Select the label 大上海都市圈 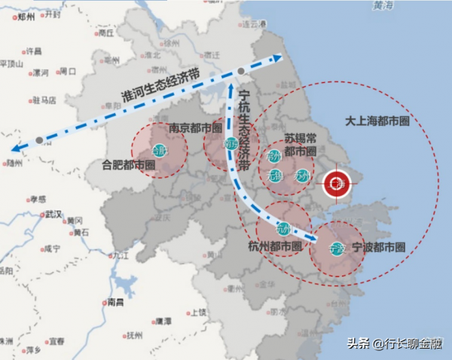[x=377, y=121]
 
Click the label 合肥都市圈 [x=129, y=164]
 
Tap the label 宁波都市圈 [x=380, y=247]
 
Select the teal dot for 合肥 [x=159, y=150]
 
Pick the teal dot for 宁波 [x=337, y=247]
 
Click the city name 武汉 [x=53, y=214]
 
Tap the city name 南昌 [x=115, y=302]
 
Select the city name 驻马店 [x=44, y=99]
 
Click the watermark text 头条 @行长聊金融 [x=394, y=344]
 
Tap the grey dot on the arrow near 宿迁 [x=240, y=72]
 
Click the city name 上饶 [x=197, y=311]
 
